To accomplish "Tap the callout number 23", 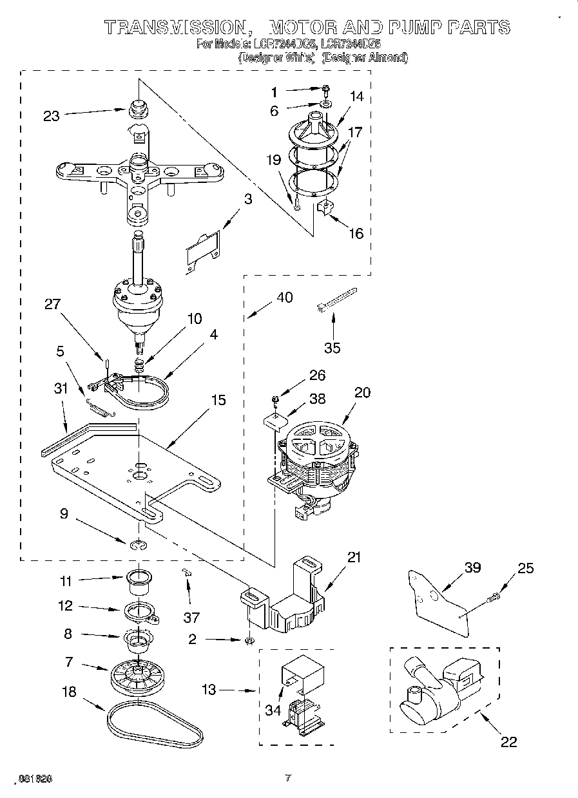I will pyautogui.click(x=51, y=116).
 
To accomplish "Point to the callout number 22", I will pyautogui.click(x=508, y=742).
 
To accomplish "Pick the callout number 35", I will pyautogui.click(x=332, y=348).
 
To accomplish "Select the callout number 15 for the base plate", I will pyautogui.click(x=218, y=400).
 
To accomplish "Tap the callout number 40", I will pyautogui.click(x=284, y=297).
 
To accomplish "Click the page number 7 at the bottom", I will pyautogui.click(x=288, y=778).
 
